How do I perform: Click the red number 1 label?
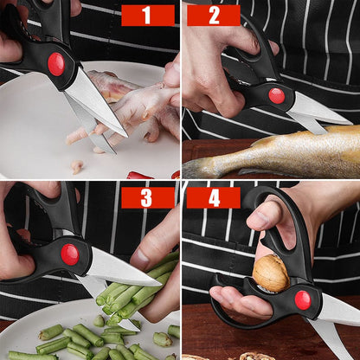pyautogui.click(x=147, y=15)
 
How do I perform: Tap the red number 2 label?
pyautogui.click(x=213, y=15)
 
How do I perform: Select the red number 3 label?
pyautogui.click(x=147, y=197)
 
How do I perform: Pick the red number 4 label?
pyautogui.click(x=213, y=197)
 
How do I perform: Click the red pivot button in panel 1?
pyautogui.click(x=56, y=63)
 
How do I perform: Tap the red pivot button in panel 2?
pyautogui.click(x=277, y=95)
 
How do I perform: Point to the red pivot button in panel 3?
pyautogui.click(x=69, y=254)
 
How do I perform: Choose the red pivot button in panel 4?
pyautogui.click(x=302, y=299)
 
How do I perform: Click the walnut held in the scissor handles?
pyautogui.click(x=270, y=273)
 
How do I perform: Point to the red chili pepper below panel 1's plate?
pyautogui.click(x=138, y=176)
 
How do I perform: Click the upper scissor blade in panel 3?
pyautogui.click(x=121, y=267)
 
